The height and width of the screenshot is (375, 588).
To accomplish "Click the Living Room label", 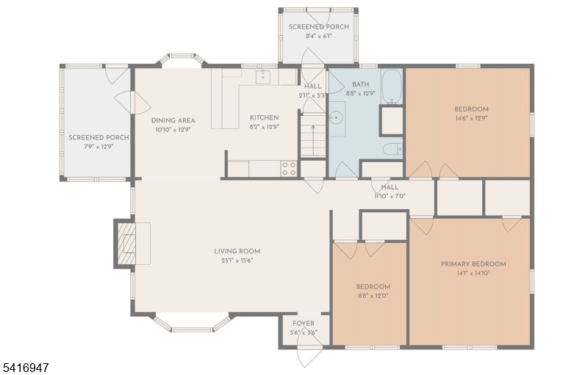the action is click(x=237, y=252).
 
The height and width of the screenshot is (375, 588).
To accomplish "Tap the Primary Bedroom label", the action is click(x=473, y=264).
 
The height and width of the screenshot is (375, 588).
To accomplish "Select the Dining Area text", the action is click(x=173, y=120).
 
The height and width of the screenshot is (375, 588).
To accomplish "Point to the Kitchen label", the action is click(x=265, y=117).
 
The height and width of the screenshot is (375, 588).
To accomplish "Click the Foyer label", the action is click(x=304, y=324).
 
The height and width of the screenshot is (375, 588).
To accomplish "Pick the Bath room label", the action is click(x=360, y=84).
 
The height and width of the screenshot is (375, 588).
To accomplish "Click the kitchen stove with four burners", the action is click(x=289, y=168).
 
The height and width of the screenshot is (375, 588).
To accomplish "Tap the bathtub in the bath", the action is click(x=392, y=87).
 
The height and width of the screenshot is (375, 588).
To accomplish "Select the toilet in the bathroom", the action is click(x=392, y=149).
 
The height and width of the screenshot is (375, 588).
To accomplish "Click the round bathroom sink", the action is click(x=336, y=119).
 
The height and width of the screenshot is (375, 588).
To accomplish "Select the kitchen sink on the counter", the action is click(x=263, y=76).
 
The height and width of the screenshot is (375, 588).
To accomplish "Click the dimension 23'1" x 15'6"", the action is click(x=237, y=261).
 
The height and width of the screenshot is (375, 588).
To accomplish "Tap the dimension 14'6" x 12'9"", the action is click(x=471, y=118).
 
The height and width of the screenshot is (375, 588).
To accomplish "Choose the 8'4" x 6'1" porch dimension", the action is click(x=318, y=36).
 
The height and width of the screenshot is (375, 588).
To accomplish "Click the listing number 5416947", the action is click(x=25, y=368).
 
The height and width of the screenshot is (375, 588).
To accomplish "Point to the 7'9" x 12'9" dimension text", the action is click(x=98, y=147).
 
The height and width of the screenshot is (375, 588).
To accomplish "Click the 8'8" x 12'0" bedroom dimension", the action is click(x=373, y=296).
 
